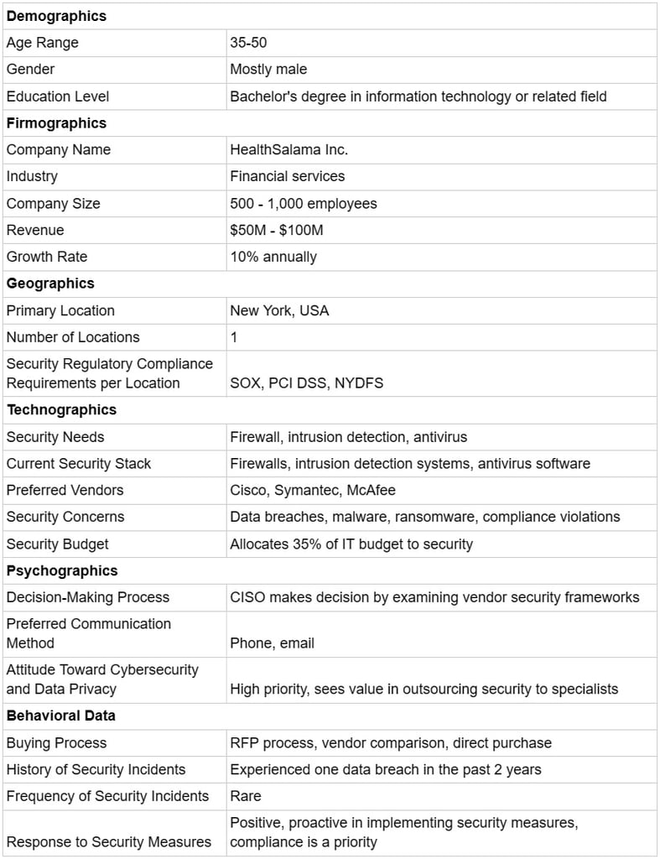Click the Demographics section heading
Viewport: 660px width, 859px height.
(x=56, y=16)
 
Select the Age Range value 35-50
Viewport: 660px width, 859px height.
(x=248, y=43)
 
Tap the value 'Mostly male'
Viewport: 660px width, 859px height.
(x=268, y=70)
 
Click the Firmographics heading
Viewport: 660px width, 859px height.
(x=56, y=123)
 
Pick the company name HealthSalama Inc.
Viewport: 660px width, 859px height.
(x=288, y=150)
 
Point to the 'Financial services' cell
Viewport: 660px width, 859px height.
(x=287, y=176)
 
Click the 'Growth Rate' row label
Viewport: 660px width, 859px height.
(x=46, y=257)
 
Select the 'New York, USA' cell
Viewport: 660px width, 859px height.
(x=279, y=310)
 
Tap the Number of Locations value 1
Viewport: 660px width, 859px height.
(x=234, y=337)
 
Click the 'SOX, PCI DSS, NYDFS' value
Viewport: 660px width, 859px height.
(x=307, y=383)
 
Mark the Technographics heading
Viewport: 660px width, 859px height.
(x=61, y=410)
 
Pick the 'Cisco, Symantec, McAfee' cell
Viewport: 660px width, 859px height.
(x=312, y=490)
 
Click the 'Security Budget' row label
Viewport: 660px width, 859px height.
(x=57, y=544)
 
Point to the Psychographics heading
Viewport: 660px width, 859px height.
(x=62, y=571)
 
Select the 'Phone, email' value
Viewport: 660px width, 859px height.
(x=272, y=643)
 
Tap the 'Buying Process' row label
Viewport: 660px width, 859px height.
(x=56, y=743)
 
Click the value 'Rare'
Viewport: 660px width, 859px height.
(x=245, y=796)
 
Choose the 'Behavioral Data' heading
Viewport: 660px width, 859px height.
(x=60, y=716)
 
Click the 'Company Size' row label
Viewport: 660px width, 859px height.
(x=53, y=204)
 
